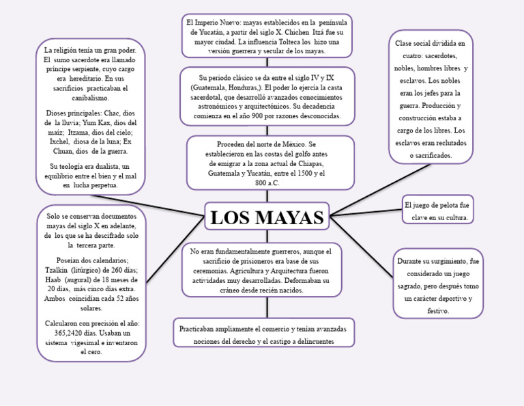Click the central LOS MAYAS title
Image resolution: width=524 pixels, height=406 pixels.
coord(267,218)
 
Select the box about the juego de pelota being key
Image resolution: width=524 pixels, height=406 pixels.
coord(437,211)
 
